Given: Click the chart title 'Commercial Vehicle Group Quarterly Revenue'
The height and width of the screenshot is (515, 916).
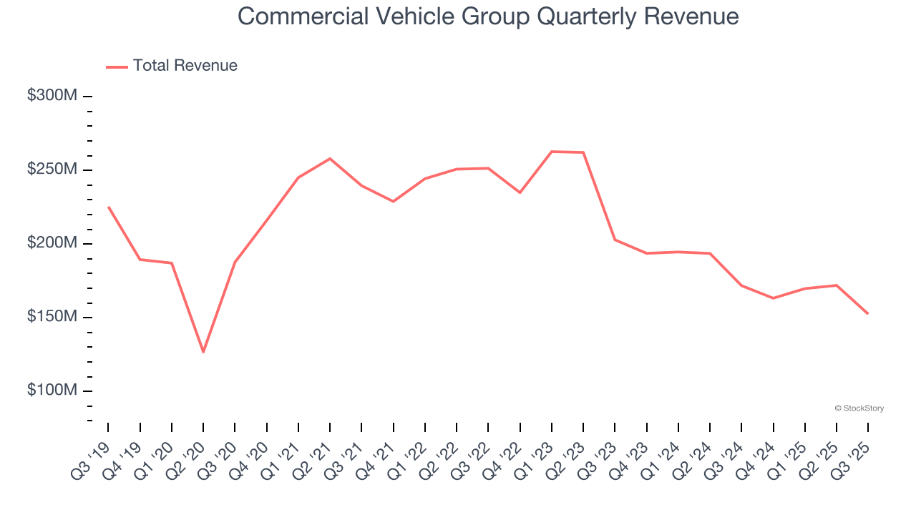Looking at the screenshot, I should coord(487,16).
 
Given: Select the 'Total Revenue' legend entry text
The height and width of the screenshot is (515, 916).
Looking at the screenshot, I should coord(185,66).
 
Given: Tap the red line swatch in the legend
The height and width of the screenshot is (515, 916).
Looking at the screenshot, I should coord(117,67).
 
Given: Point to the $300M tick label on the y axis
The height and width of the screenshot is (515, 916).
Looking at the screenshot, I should coord(52,96).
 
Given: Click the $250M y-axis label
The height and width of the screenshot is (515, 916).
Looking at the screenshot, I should coord(52,170).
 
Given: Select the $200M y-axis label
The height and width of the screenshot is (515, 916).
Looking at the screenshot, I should coord(52,243).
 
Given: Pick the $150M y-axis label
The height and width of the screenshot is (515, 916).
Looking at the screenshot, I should coord(52,317).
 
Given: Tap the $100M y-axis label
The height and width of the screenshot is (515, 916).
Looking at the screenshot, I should coord(52,391).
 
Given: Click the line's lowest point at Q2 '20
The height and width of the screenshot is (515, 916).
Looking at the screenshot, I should coord(203,352).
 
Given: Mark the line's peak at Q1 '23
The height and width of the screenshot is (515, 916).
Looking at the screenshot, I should coord(552,152).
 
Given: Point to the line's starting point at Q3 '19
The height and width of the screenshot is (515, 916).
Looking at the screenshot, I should coord(108,207).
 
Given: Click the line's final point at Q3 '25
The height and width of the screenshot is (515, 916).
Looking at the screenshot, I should coord(868,313).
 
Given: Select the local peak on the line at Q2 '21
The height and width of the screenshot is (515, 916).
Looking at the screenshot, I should coord(330,158).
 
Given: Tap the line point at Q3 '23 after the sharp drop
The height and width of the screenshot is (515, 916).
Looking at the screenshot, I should coord(615,240).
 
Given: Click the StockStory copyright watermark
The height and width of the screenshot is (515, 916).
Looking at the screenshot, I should coord(859,408).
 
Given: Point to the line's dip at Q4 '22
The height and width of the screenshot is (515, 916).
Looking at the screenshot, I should coord(520,192).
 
